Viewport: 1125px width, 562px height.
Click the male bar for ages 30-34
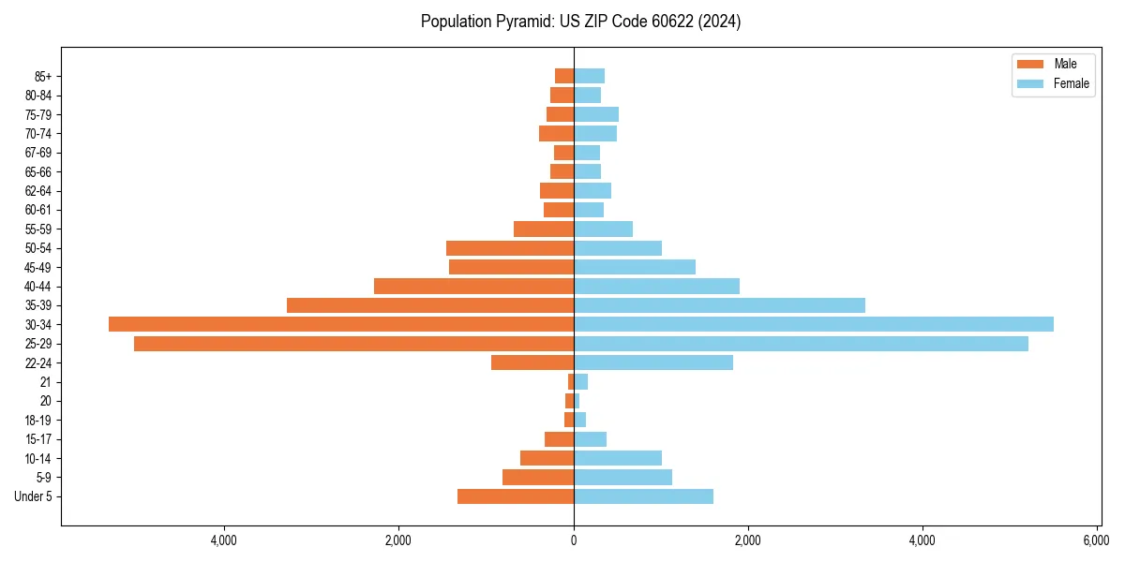pyautogui.click(x=341, y=324)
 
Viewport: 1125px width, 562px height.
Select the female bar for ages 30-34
pyautogui.click(x=813, y=324)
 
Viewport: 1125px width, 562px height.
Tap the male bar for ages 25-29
pyautogui.click(x=353, y=344)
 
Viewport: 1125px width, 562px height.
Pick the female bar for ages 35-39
pyautogui.click(x=719, y=305)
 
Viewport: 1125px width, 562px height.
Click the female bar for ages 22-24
pyautogui.click(x=652, y=362)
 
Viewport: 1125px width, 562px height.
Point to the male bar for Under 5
pyautogui.click(x=516, y=496)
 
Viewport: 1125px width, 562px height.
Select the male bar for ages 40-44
pyautogui.click(x=473, y=286)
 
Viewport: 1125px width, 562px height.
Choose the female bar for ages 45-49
pyautogui.click(x=634, y=267)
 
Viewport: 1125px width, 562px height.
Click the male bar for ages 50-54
pyautogui.click(x=510, y=248)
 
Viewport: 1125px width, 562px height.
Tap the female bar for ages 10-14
pyautogui.click(x=617, y=458)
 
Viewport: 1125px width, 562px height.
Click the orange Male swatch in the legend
pyautogui.click(x=1030, y=64)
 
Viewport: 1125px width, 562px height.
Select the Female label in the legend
pyautogui.click(x=1072, y=83)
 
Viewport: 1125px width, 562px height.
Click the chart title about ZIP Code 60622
pyautogui.click(x=580, y=22)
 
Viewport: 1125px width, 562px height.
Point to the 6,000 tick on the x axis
pyautogui.click(x=1097, y=540)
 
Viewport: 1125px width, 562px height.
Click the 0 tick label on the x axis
pyautogui.click(x=574, y=540)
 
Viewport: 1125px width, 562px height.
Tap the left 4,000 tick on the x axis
pyautogui.click(x=224, y=540)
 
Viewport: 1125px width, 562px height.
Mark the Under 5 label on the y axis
pyautogui.click(x=34, y=496)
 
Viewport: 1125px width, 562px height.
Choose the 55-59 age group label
pyautogui.click(x=38, y=229)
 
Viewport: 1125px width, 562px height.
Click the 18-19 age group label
pyautogui.click(x=38, y=420)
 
